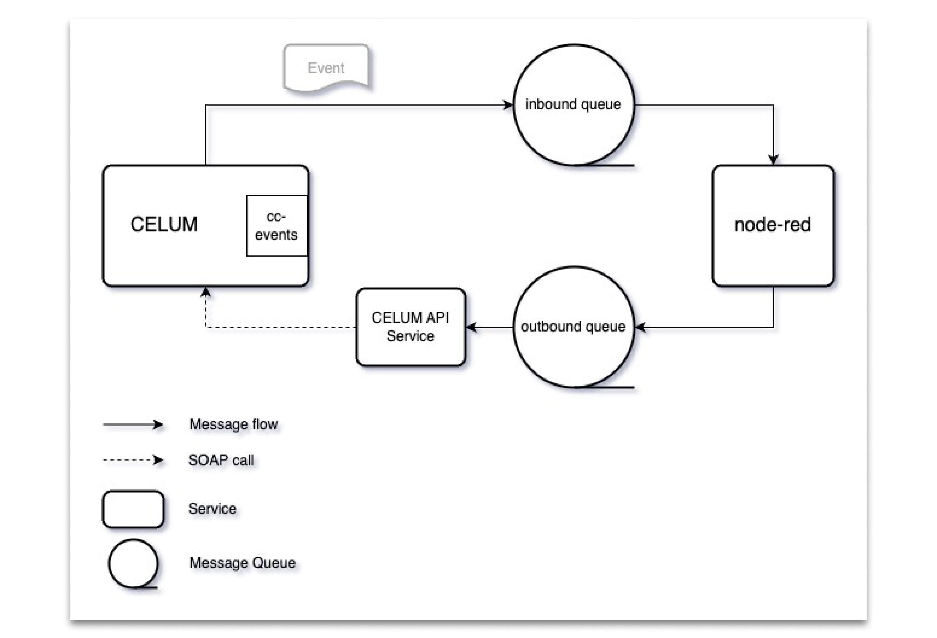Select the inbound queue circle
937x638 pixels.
click(x=573, y=121)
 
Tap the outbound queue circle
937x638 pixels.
click(x=573, y=343)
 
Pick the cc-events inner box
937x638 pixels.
click(x=277, y=226)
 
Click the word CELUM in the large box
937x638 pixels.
click(x=164, y=224)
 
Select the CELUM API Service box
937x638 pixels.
click(x=411, y=327)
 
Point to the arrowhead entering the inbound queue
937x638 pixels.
click(x=508, y=105)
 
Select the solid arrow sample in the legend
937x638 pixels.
click(x=133, y=425)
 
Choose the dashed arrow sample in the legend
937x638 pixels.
click(x=133, y=460)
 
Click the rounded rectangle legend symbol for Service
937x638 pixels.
click(x=133, y=509)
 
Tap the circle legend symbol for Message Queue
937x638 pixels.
click(x=133, y=563)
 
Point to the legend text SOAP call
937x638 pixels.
click(x=221, y=460)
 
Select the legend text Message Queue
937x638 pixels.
click(x=242, y=563)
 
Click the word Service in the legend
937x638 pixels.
click(x=212, y=509)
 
